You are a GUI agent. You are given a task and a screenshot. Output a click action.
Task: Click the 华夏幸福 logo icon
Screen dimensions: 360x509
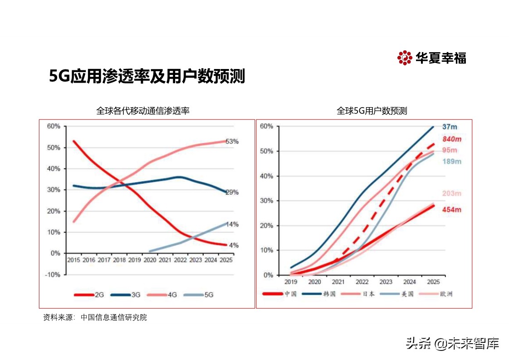[x=404, y=58]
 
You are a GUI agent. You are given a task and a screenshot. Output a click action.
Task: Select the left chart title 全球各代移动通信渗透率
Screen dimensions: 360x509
[x=142, y=110]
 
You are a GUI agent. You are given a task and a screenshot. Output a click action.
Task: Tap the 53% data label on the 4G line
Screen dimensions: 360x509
[x=232, y=142]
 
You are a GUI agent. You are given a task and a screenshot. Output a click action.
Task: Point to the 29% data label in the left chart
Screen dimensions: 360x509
[x=232, y=192]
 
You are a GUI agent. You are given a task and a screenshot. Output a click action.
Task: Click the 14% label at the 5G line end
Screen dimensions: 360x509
[x=232, y=224]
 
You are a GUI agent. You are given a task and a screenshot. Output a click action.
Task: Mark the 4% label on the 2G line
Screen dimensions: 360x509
[x=234, y=245]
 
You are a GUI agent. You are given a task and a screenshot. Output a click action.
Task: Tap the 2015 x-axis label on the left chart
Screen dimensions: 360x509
[x=73, y=260]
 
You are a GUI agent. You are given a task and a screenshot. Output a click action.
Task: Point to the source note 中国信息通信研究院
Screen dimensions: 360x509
[x=114, y=318]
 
